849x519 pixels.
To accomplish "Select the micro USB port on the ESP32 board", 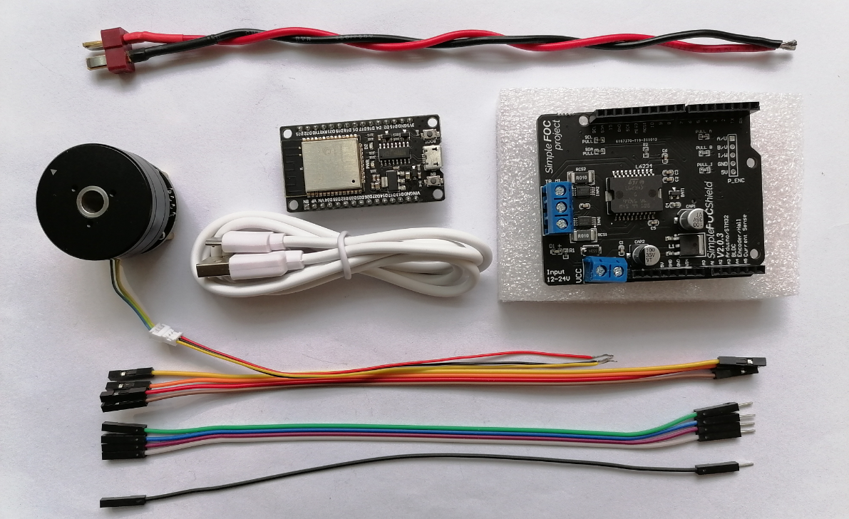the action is pos(430,158).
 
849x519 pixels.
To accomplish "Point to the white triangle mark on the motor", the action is pos(55,172).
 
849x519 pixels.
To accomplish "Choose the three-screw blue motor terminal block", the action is pos(559,207).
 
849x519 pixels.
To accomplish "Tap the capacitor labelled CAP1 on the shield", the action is pos(690,219).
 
